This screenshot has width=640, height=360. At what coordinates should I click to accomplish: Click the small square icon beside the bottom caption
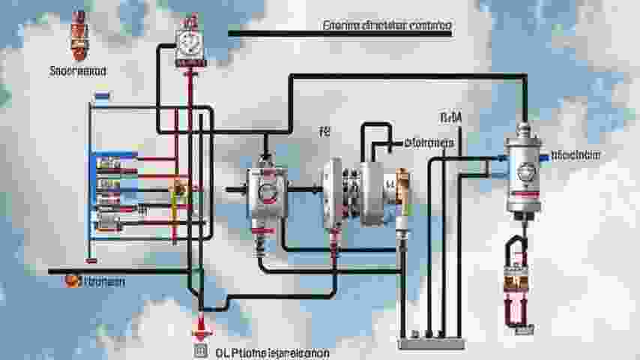(x=199, y=350)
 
